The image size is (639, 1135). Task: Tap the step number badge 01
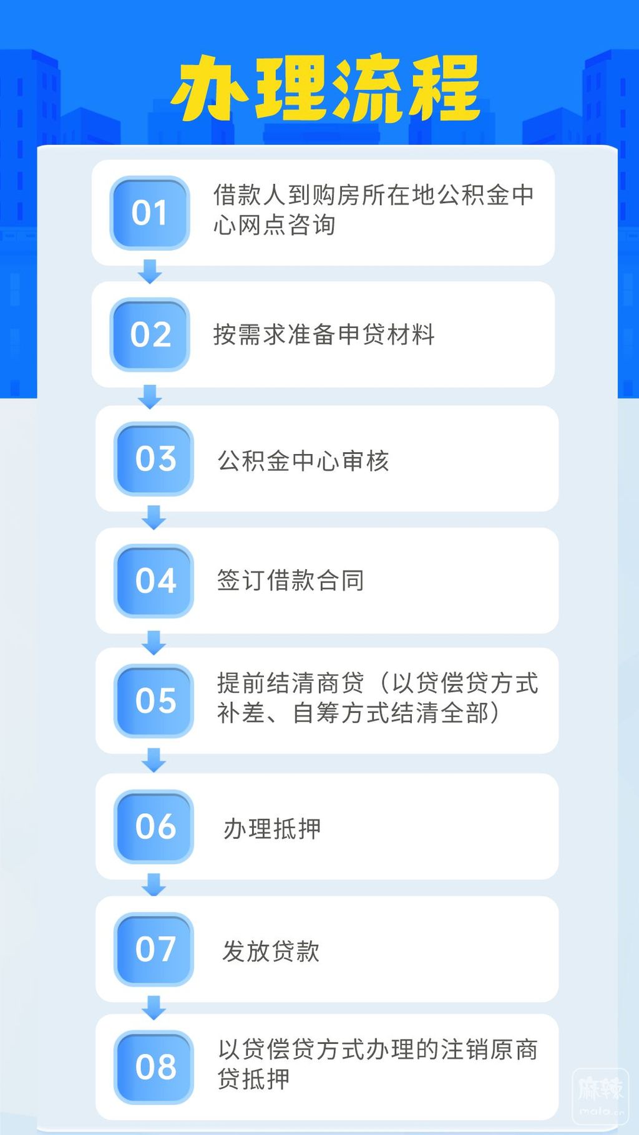[150, 213]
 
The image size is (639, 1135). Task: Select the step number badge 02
[150, 335]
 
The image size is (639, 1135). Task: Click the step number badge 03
[154, 459]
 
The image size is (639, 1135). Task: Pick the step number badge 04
[154, 581]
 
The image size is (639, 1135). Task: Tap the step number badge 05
[154, 701]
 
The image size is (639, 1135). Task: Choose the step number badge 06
[154, 827]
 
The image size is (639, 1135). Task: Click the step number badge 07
[154, 949]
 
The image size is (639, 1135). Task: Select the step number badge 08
[154, 1067]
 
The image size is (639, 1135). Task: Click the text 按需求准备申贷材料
[324, 335]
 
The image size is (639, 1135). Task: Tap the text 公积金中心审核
[303, 461]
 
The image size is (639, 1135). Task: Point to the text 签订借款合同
[291, 581]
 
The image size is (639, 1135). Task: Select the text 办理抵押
[272, 829]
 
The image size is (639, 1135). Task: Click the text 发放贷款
[271, 952]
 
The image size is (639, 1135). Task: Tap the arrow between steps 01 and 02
[150, 272]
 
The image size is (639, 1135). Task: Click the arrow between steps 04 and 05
[154, 642]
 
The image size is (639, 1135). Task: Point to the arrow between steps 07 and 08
[154, 1007]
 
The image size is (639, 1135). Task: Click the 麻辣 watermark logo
[600, 1096]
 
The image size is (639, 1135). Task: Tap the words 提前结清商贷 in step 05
[291, 683]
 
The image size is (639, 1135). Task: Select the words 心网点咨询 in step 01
[275, 225]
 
